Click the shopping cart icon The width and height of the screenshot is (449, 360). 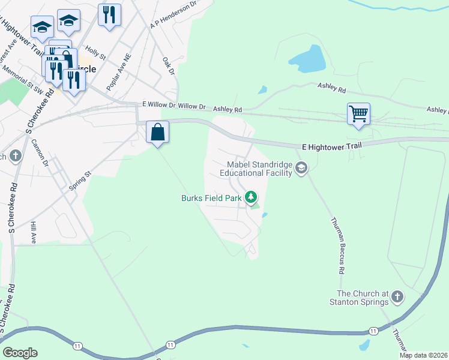coord(358,113)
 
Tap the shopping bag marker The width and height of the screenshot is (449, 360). coord(157,132)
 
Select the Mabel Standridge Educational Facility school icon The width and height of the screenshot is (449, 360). coord(301,168)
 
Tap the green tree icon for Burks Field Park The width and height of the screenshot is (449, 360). coord(251,197)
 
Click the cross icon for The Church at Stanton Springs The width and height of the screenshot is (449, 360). coord(397,296)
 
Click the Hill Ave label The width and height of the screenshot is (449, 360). coord(34,231)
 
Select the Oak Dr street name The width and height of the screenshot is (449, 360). coord(168,66)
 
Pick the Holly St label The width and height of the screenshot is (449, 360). coord(95,53)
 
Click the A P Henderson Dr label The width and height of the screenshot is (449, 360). coord(173,14)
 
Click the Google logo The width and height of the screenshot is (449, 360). coord(20,353)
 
